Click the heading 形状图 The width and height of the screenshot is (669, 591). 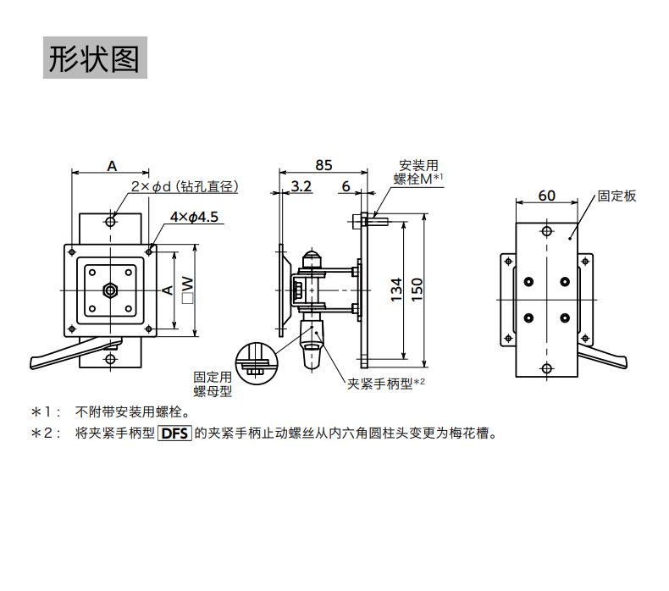(94, 58)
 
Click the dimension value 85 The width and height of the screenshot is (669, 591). (323, 164)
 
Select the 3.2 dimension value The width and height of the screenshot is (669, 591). (300, 186)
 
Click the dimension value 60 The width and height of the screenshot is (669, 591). (546, 196)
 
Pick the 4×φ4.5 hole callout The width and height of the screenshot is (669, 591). (194, 217)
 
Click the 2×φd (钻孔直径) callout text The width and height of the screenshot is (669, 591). (185, 186)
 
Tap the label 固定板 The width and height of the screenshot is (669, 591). (616, 196)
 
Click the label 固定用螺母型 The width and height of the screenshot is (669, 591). (212, 384)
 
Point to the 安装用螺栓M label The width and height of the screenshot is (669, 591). (418, 172)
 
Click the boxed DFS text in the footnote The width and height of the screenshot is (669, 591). (174, 434)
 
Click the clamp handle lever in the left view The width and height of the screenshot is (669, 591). (68, 356)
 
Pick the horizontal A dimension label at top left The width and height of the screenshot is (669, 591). (112, 166)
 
